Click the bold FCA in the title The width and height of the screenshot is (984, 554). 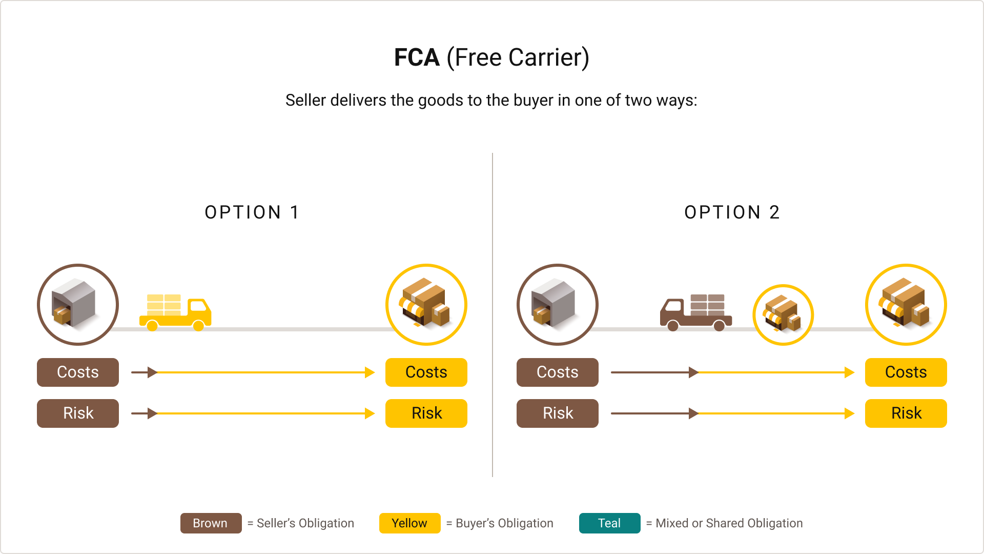click(x=416, y=57)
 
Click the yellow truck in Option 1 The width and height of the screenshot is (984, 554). click(x=175, y=312)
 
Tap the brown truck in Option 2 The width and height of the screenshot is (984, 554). click(x=695, y=312)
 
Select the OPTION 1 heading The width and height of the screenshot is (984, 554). click(x=252, y=212)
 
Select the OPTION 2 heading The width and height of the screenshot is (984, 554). click(x=732, y=212)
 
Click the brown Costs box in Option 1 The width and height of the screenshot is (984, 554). click(x=78, y=372)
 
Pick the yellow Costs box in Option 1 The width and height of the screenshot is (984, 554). click(x=426, y=372)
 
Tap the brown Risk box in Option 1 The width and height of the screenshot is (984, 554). click(x=78, y=413)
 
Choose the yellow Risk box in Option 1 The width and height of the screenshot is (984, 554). click(x=426, y=413)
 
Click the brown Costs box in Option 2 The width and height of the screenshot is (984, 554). click(x=558, y=372)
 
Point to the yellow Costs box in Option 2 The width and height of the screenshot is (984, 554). click(x=906, y=372)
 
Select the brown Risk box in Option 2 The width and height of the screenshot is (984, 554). click(x=558, y=413)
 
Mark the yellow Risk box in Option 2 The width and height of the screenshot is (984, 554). click(x=906, y=413)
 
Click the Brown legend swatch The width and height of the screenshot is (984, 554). click(x=211, y=523)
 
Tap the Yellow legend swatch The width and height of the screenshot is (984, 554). click(x=409, y=523)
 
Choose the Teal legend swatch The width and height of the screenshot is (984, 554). click(x=609, y=523)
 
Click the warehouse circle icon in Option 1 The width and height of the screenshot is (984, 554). click(x=78, y=305)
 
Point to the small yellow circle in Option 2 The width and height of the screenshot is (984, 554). click(x=783, y=315)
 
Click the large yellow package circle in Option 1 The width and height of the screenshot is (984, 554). click(x=426, y=305)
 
